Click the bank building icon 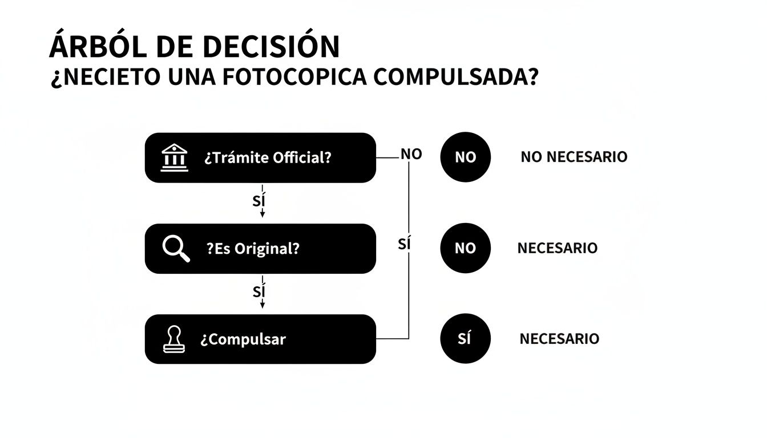point(175,157)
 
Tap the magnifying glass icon point(176,249)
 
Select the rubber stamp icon point(175,339)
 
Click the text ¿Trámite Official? point(268,157)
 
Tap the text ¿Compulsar point(243,339)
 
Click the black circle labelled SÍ point(465,339)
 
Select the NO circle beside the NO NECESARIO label point(465,157)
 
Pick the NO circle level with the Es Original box point(465,248)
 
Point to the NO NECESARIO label point(574,157)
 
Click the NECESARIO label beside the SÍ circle point(559,339)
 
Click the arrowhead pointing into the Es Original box point(263,214)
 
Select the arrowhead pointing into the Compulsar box point(263,306)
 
